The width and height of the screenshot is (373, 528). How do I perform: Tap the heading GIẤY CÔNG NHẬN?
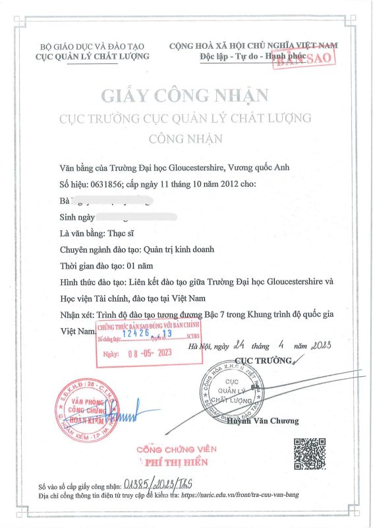click(185, 94)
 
